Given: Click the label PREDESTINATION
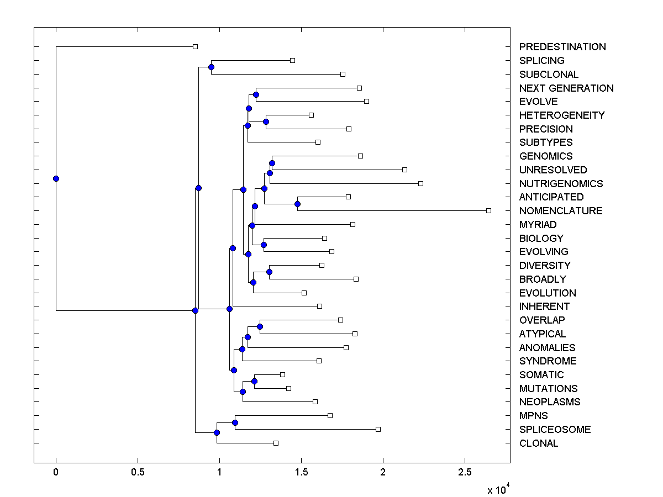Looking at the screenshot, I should (562, 47).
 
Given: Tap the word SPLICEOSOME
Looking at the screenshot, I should (555, 430).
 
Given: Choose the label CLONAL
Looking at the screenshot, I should (539, 443).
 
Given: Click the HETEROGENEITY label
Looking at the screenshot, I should (562, 115).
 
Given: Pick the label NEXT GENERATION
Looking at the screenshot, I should (566, 88).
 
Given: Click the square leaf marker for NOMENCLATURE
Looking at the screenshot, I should (488, 210).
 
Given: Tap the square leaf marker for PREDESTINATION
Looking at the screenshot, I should (195, 47).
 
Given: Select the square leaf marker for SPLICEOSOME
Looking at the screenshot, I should (378, 429).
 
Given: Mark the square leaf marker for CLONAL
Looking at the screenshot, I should (276, 443).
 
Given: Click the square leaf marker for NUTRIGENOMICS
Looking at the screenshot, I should (420, 183).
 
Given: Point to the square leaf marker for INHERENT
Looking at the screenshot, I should (319, 306).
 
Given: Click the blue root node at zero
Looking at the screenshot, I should (56, 178).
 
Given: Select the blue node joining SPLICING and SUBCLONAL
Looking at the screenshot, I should (211, 67).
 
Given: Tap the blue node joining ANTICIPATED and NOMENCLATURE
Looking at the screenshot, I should (297, 204).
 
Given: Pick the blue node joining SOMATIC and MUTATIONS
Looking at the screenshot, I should (254, 381).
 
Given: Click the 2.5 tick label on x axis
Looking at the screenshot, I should (465, 473).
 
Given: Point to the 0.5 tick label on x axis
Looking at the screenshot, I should (138, 473).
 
